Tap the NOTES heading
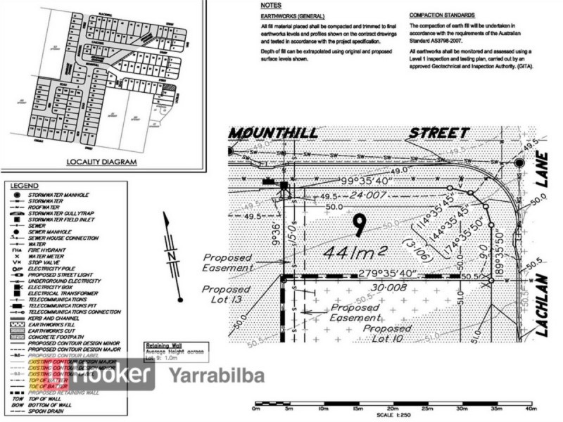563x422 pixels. pos(270,5)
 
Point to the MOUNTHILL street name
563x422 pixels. pos(274,133)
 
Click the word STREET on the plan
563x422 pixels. pos(438,132)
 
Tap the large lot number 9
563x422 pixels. pos(360,226)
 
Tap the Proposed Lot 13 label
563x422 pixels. pos(227,294)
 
